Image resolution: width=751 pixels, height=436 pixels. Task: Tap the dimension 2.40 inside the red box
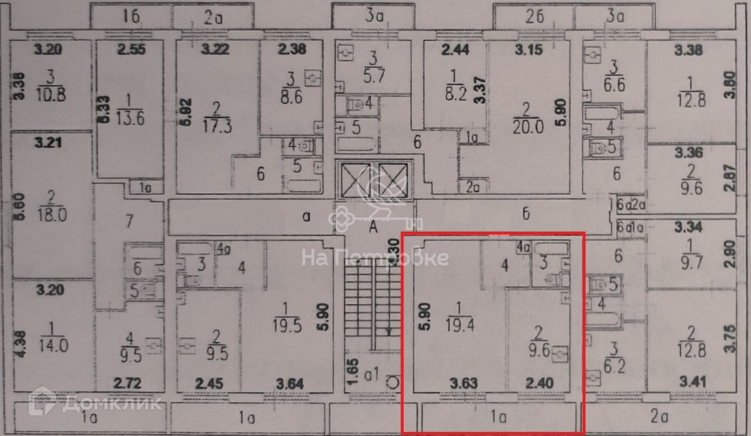539,384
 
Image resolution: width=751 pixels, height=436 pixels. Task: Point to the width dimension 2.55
130,50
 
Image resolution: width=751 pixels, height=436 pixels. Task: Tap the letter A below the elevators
373,230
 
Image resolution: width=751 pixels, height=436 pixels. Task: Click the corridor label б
526,214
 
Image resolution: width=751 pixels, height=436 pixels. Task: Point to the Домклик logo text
111,403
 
